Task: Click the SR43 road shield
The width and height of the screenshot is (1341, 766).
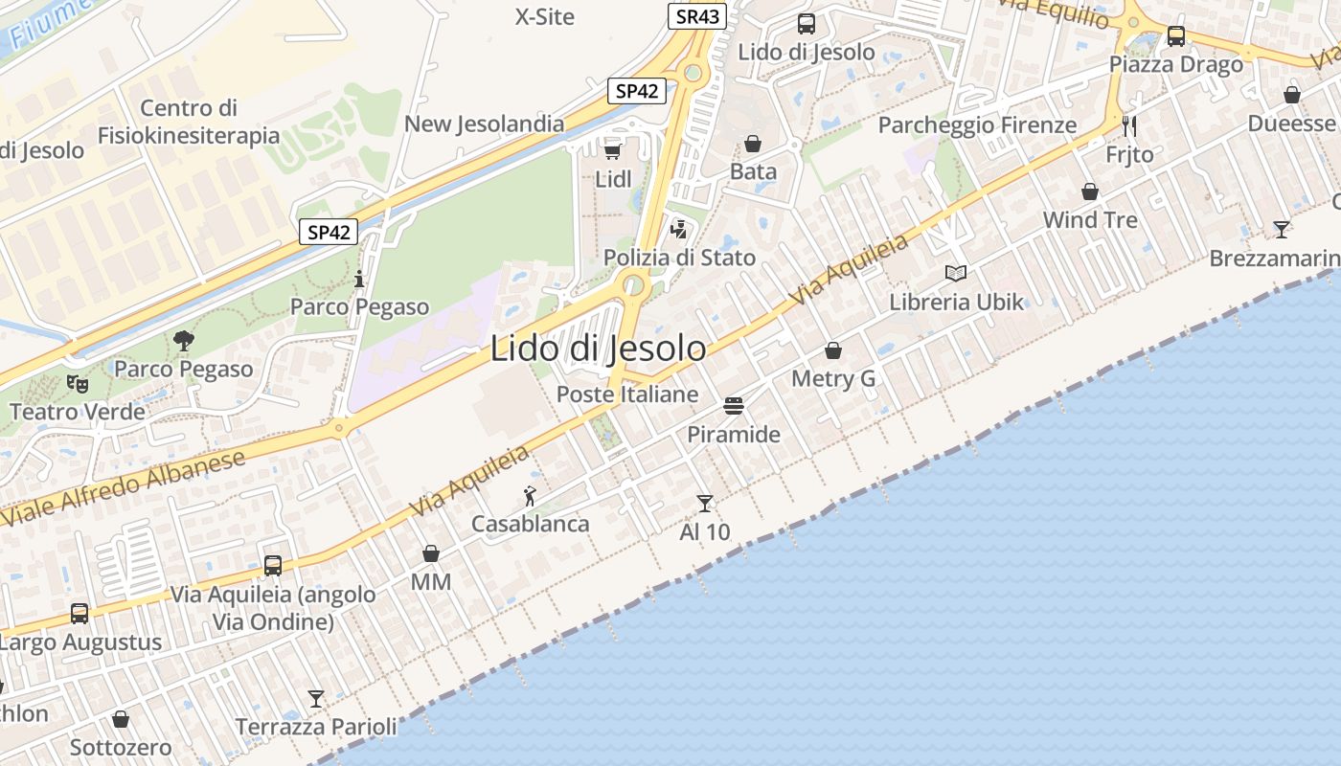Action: (697, 16)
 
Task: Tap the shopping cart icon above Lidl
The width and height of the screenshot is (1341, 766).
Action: (613, 150)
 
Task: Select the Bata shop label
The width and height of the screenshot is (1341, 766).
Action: (753, 171)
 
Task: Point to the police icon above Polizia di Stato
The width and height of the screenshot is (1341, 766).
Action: (679, 229)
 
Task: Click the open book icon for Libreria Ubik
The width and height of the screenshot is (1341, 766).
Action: (956, 273)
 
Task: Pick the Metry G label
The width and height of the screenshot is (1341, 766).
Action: (833, 378)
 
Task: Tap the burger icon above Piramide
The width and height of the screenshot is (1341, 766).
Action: (734, 406)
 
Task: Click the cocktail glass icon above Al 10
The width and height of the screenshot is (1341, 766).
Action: (705, 503)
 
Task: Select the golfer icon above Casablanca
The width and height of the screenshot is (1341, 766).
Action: (530, 496)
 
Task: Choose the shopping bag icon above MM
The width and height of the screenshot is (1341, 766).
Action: (431, 553)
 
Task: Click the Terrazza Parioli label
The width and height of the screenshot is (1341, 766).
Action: (316, 727)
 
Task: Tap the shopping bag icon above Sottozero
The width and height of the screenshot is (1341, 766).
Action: (121, 718)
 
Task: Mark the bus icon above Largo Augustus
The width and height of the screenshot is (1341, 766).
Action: (80, 613)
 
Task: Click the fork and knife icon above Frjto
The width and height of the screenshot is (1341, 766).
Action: (1129, 125)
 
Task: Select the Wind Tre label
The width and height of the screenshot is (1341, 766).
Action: (1090, 219)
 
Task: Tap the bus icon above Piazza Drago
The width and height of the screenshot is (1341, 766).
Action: (1175, 36)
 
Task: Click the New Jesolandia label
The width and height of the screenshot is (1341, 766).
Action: (484, 124)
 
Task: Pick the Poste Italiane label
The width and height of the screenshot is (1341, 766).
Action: (627, 394)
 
